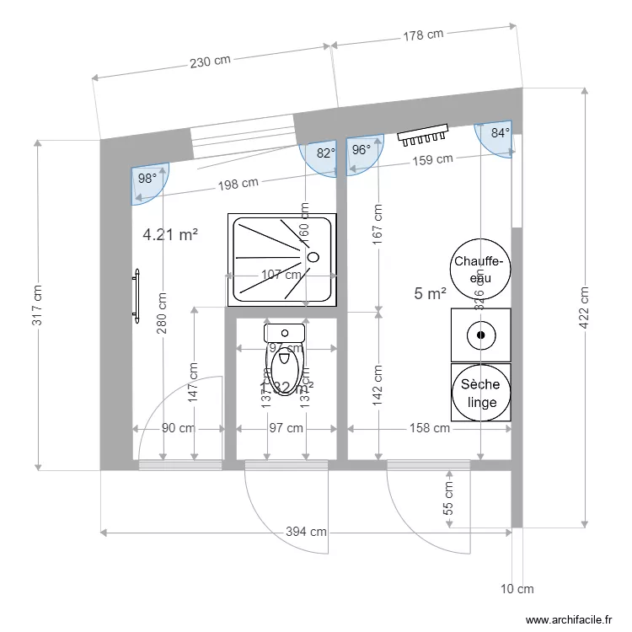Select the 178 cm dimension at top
pyautogui.click(x=423, y=35)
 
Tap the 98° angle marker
pyautogui.click(x=147, y=179)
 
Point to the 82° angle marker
pyautogui.click(x=324, y=153)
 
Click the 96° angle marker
pyautogui.click(x=361, y=150)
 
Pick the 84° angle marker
pyautogui.click(x=500, y=133)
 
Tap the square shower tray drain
pyautogui.click(x=313, y=257)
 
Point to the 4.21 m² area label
pyautogui.click(x=170, y=235)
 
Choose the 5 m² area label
pyautogui.click(x=430, y=293)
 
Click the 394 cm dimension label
pyautogui.click(x=306, y=532)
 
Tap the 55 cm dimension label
pyautogui.click(x=448, y=498)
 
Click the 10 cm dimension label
pyautogui.click(x=517, y=589)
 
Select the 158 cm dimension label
pyautogui.click(x=430, y=428)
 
